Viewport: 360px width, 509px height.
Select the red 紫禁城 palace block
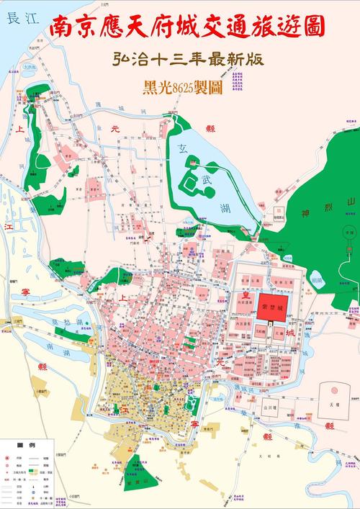tap(274, 305)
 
